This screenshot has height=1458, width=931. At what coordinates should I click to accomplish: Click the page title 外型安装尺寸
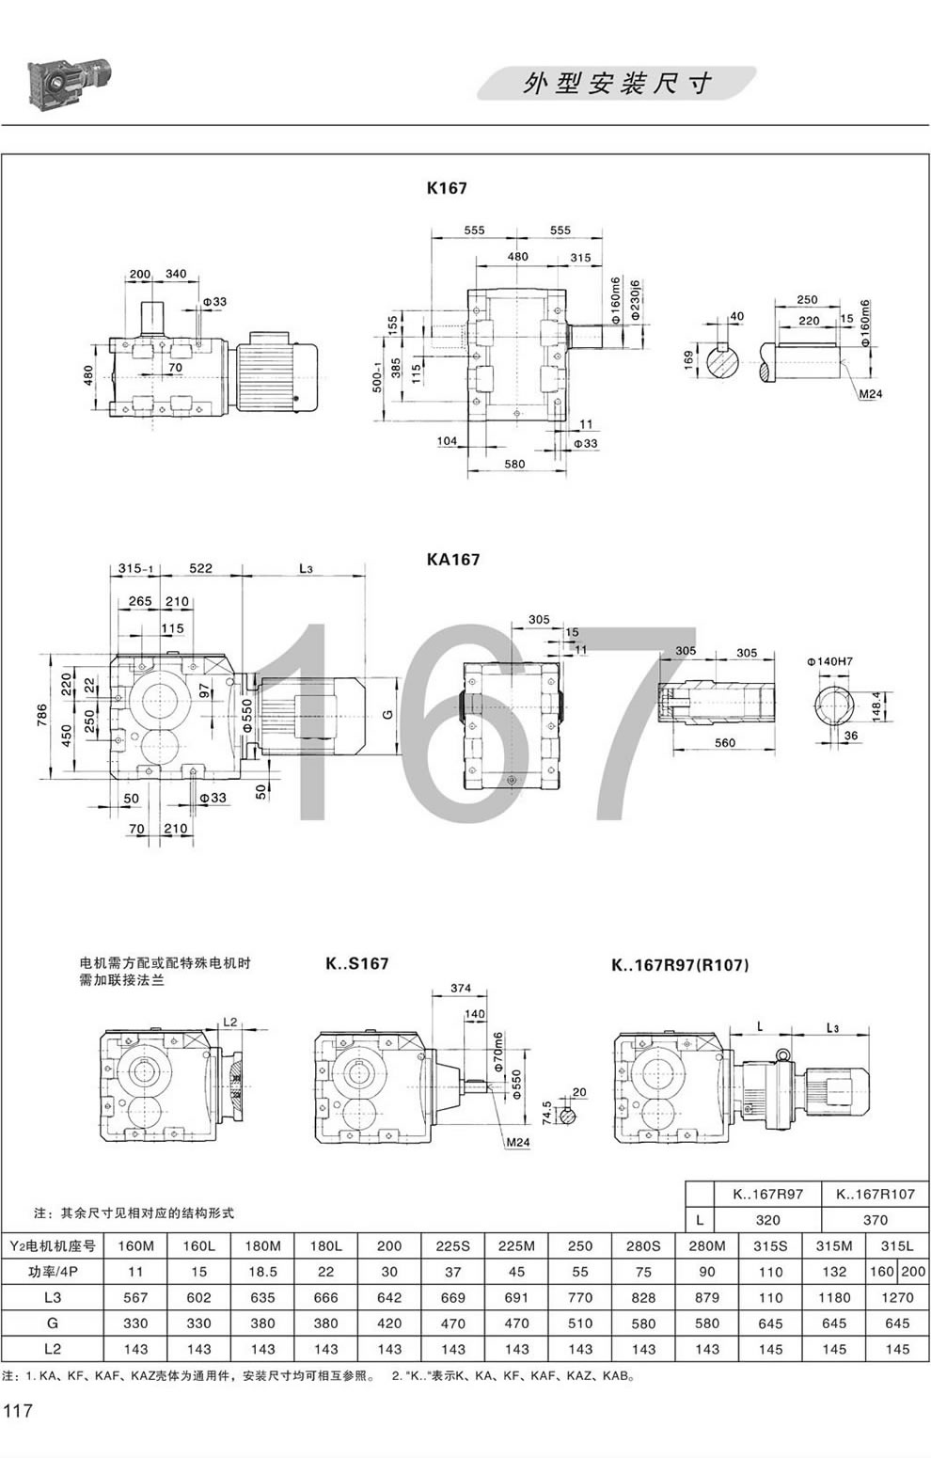[x=617, y=84]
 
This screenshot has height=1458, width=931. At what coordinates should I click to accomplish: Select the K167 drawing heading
[x=447, y=188]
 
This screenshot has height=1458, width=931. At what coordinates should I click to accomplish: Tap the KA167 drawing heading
[x=452, y=560]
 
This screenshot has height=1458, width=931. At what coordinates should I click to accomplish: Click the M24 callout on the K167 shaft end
[x=870, y=394]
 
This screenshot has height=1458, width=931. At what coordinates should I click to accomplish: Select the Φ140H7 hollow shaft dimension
[x=829, y=636]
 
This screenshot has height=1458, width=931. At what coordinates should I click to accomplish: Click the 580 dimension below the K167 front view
[x=513, y=465]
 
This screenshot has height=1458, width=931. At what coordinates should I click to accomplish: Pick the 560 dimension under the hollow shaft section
[x=723, y=743]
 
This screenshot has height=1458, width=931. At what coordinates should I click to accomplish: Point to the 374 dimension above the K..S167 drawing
[x=460, y=989]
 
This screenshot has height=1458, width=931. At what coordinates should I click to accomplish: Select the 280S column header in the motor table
[x=644, y=1246]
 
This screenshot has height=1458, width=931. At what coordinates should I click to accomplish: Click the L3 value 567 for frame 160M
[x=135, y=1298]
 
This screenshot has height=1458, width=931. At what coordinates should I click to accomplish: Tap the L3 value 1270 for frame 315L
[x=897, y=1298]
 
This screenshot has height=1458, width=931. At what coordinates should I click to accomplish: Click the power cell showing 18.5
[x=263, y=1272]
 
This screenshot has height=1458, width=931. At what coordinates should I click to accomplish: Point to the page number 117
[x=18, y=1411]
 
